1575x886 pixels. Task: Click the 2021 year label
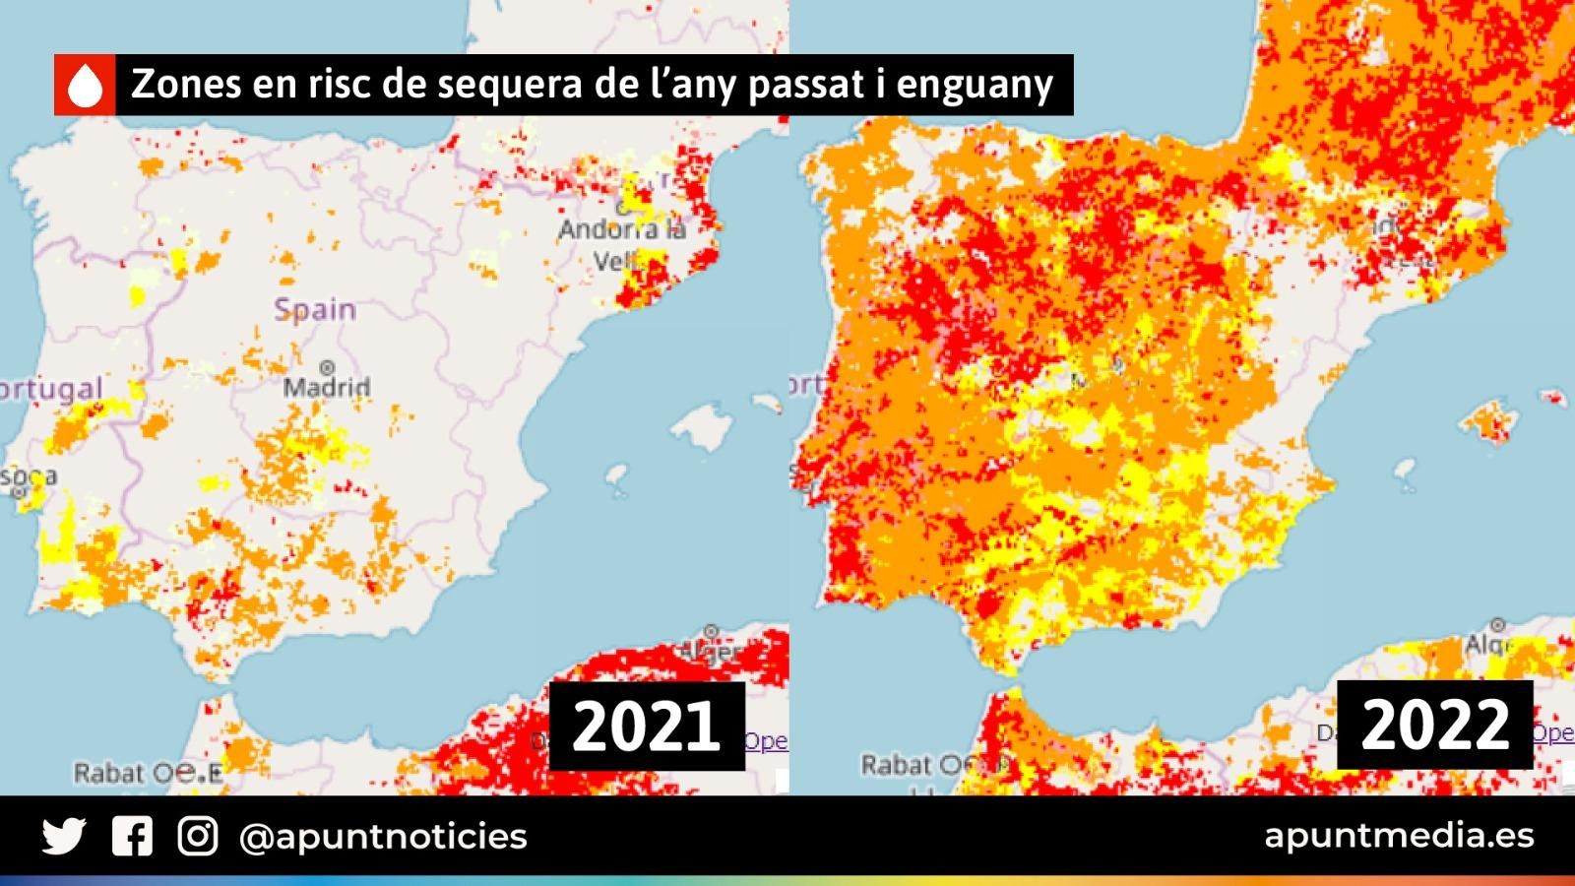coord(646,727)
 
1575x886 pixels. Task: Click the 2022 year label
coord(1434,725)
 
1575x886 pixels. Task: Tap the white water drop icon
coord(86,86)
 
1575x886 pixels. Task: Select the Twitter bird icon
coord(64,837)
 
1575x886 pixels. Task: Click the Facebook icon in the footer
coord(132,837)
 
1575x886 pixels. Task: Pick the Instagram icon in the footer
coord(198,837)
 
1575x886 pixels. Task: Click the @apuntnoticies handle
coord(383,837)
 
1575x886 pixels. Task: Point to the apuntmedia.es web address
coord(1399,836)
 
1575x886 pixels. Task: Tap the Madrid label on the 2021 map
coord(327,387)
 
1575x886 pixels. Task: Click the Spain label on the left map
coord(315,309)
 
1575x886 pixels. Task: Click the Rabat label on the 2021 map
coord(109,774)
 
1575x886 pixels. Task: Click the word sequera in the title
coord(505,85)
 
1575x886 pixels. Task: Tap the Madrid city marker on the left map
coord(327,368)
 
